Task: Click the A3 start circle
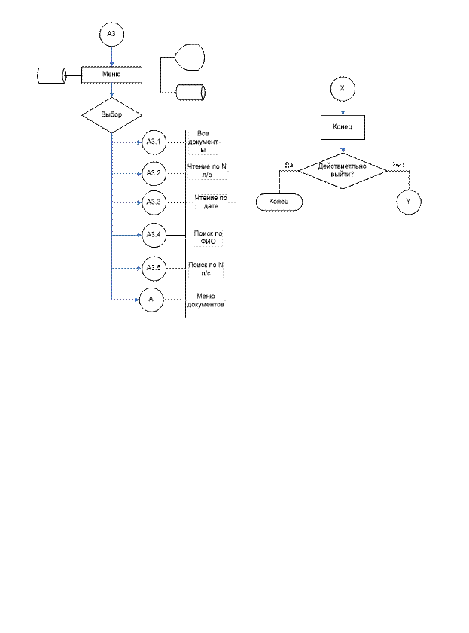tap(111, 35)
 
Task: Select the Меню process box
tap(111, 75)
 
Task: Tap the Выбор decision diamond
tap(111, 114)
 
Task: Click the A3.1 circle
tap(154, 142)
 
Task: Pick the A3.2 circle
tap(154, 173)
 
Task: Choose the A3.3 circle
tap(154, 202)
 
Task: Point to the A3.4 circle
tap(154, 236)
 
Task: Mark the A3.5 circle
tap(154, 268)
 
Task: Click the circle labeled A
tap(151, 300)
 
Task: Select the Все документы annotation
tap(203, 142)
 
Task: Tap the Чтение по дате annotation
tap(210, 202)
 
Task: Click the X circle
tap(343, 89)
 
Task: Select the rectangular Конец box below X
tap(343, 126)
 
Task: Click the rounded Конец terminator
tap(279, 202)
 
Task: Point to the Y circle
tap(409, 202)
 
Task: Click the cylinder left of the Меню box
tap(51, 76)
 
